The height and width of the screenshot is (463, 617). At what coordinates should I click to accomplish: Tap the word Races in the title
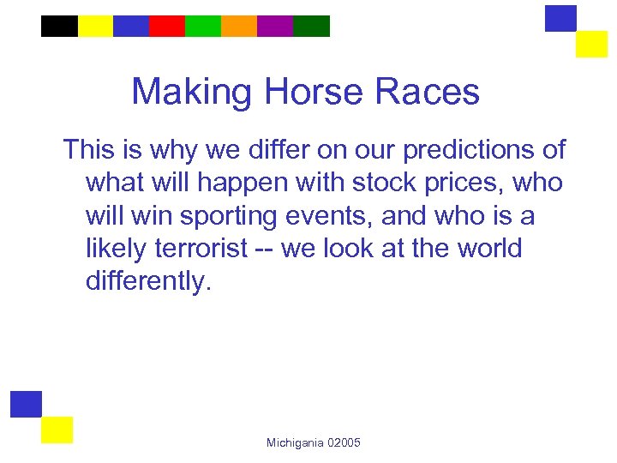pyautogui.click(x=435, y=92)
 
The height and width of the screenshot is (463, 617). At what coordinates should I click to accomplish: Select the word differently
pyautogui.click(x=147, y=282)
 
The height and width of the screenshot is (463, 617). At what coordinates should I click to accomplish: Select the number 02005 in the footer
pyautogui.click(x=344, y=442)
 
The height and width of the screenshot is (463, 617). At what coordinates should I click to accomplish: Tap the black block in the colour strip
pyautogui.click(x=59, y=27)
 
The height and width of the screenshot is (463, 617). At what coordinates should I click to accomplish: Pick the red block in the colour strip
pyautogui.click(x=167, y=27)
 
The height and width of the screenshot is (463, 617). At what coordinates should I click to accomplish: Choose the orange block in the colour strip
pyautogui.click(x=239, y=27)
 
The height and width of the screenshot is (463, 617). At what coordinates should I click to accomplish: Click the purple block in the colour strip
pyautogui.click(x=275, y=27)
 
